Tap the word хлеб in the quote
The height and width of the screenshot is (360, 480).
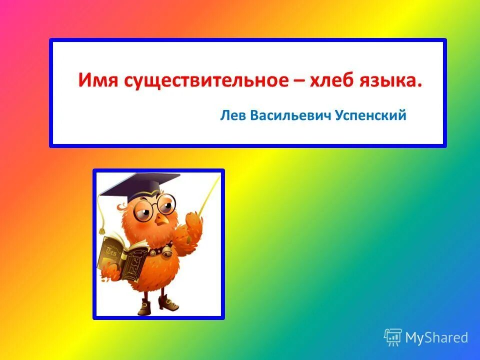pos(342,80)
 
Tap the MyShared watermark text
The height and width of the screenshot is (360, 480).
pos(436,337)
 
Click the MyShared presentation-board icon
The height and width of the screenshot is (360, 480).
pos(393,337)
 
